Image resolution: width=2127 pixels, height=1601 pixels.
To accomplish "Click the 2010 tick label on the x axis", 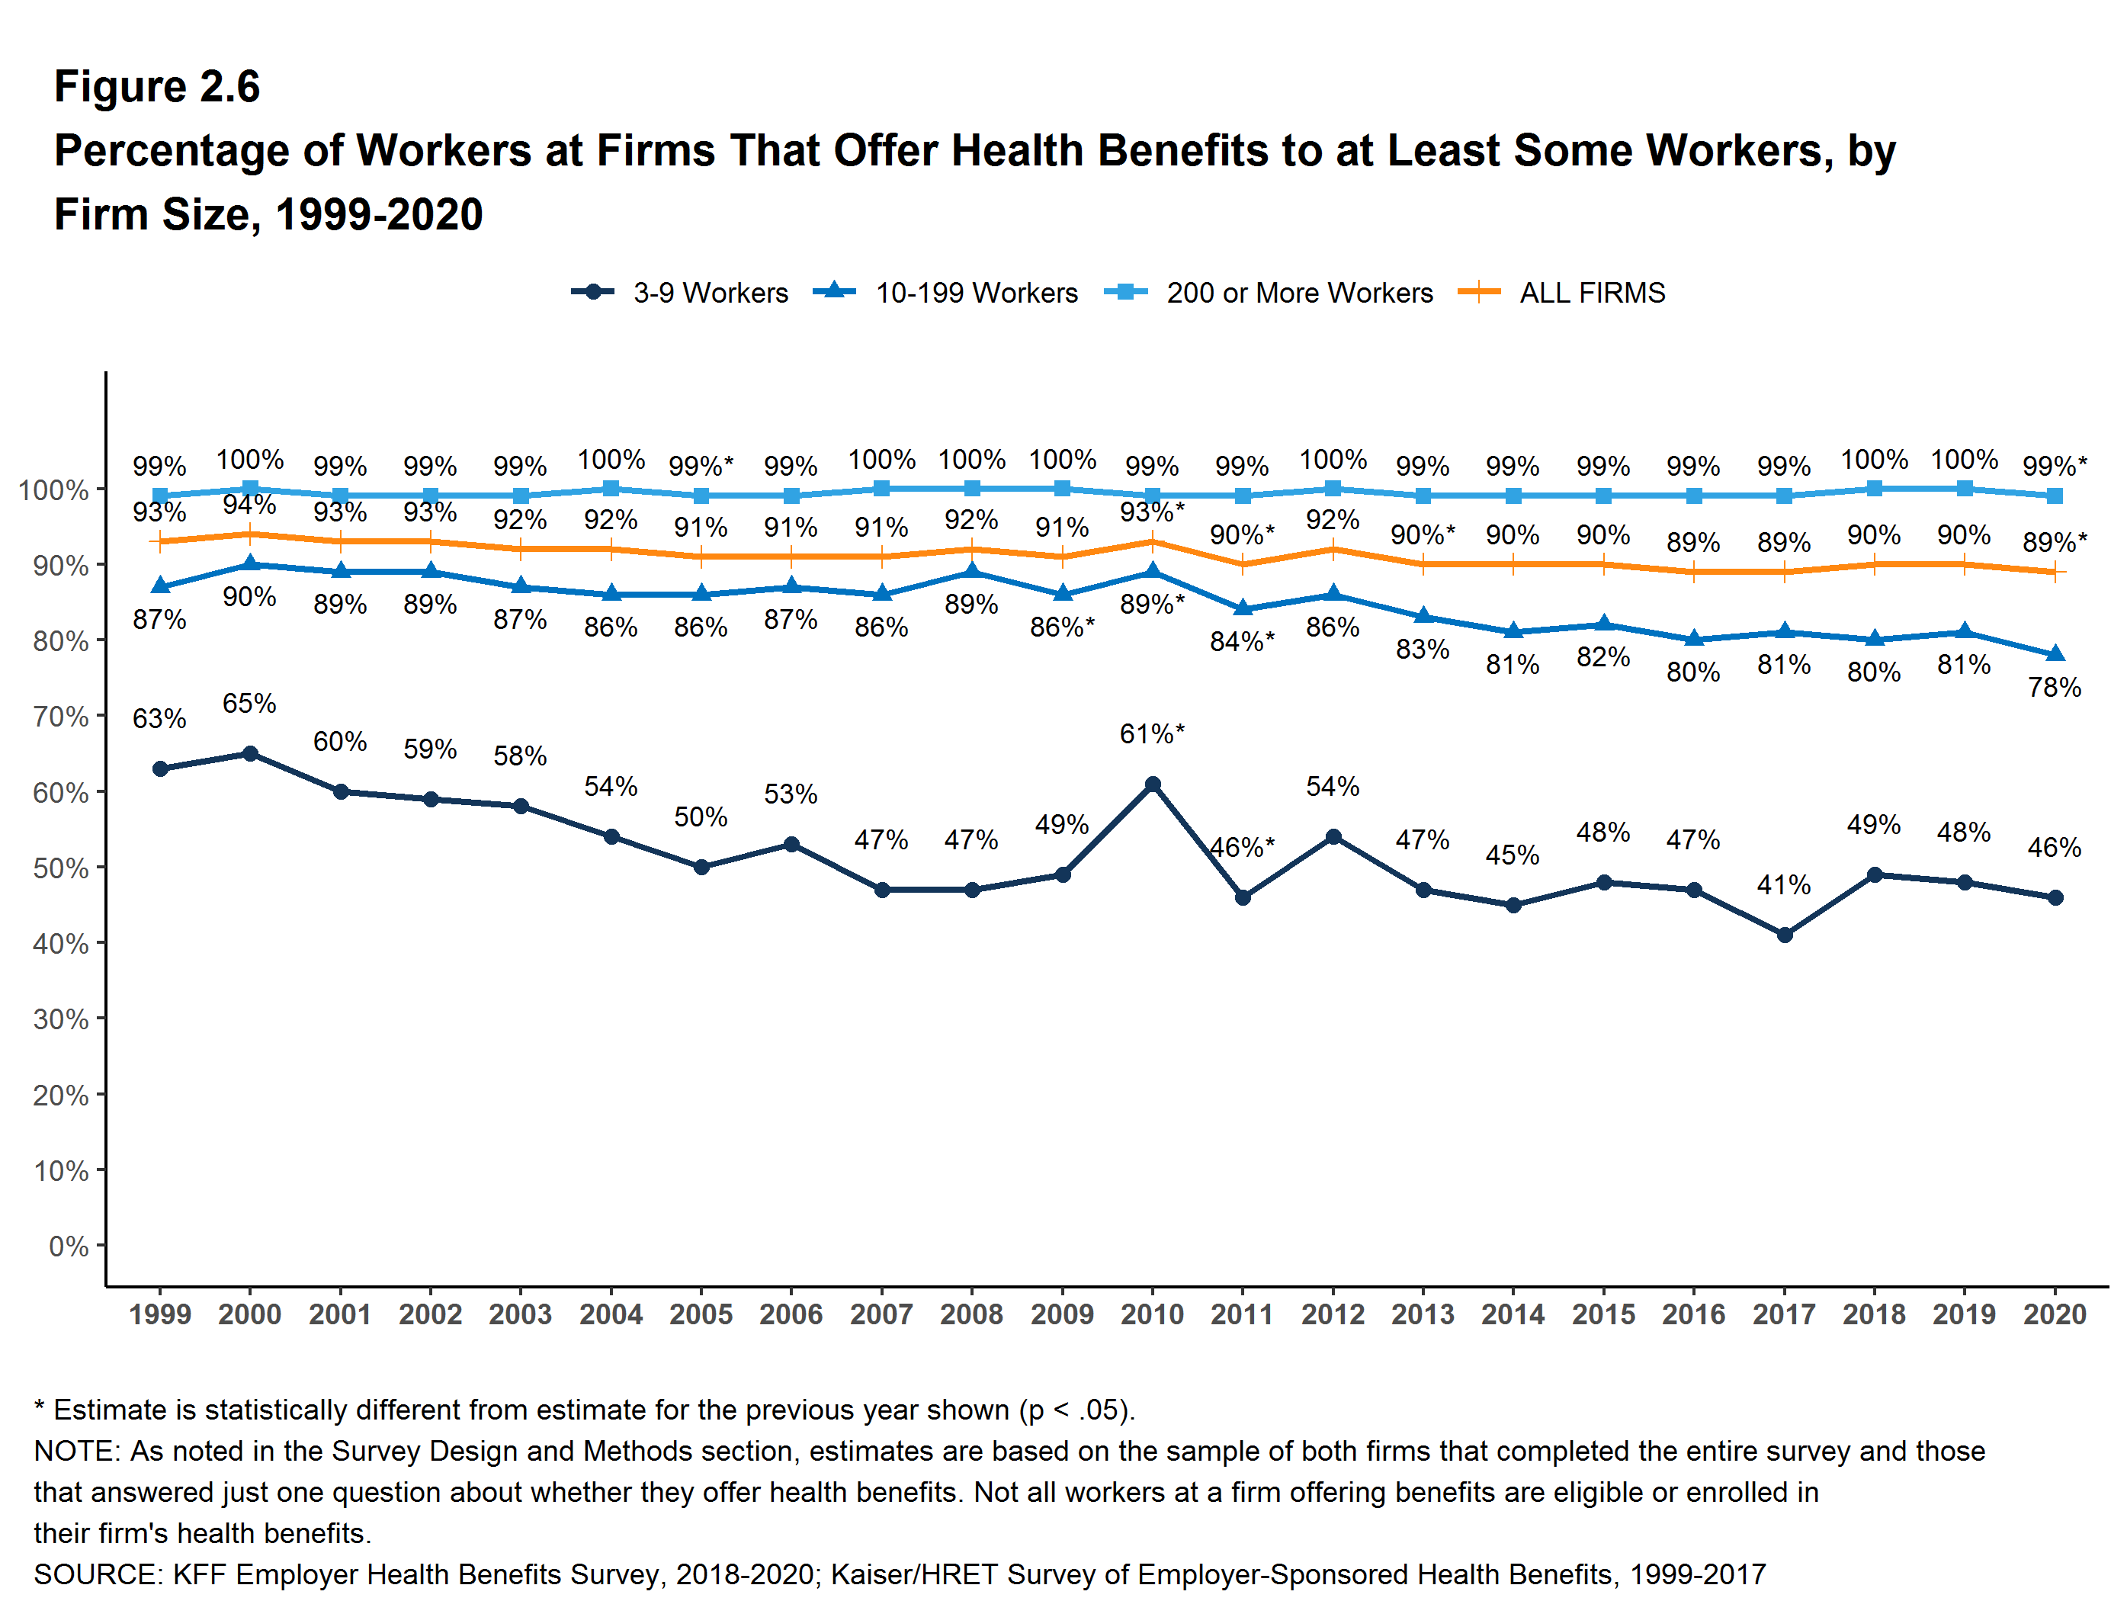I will pyautogui.click(x=1152, y=1314).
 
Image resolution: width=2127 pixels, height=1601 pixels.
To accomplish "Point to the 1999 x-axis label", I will pyautogui.click(x=159, y=1314).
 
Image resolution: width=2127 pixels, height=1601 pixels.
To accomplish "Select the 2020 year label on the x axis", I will pyautogui.click(x=2055, y=1314).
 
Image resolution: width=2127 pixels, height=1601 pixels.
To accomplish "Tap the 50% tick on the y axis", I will pyautogui.click(x=60, y=868).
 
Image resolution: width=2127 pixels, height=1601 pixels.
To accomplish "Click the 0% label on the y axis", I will pyautogui.click(x=69, y=1246).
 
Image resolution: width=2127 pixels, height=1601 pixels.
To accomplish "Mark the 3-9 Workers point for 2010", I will pyautogui.click(x=1152, y=784).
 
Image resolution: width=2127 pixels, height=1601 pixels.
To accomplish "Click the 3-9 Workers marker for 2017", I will pyautogui.click(x=1785, y=935).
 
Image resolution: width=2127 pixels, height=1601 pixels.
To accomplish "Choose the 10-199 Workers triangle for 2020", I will pyautogui.click(x=2055, y=654).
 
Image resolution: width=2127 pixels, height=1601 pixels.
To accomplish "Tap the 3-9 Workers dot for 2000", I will pyautogui.click(x=250, y=754).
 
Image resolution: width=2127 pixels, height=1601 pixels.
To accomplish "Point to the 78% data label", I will pyautogui.click(x=2055, y=688).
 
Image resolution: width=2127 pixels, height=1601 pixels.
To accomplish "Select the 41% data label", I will pyautogui.click(x=1784, y=884).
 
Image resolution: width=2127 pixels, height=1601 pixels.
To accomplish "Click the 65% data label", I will pyautogui.click(x=249, y=704).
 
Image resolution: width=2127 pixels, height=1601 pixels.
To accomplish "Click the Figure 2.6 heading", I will pyautogui.click(x=157, y=87).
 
